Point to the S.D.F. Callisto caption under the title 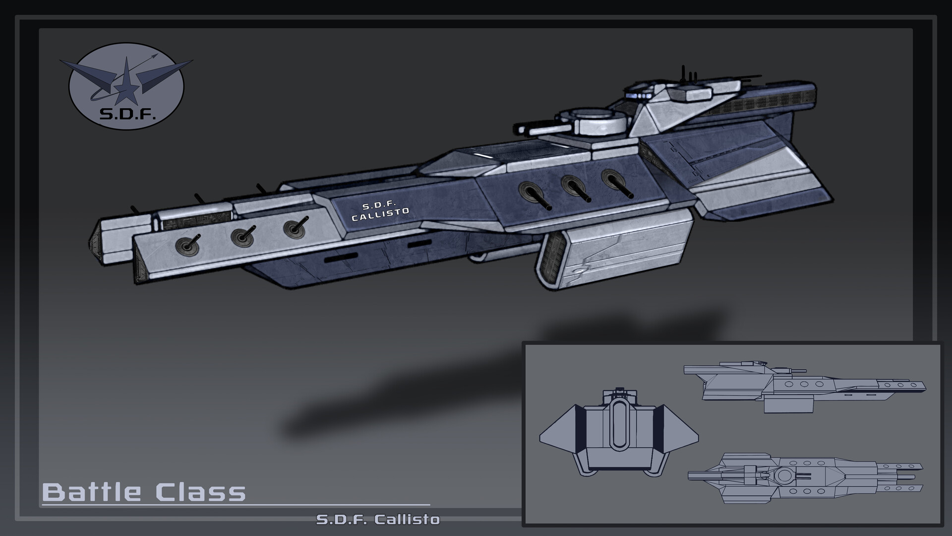pyautogui.click(x=378, y=520)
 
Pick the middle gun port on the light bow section pyautogui.click(x=242, y=237)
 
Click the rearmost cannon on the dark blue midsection pyautogui.click(x=613, y=178)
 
